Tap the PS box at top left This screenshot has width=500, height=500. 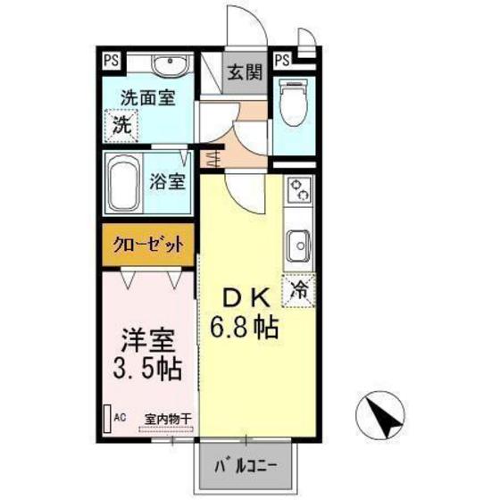(111, 61)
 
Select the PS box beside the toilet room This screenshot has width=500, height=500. (282, 61)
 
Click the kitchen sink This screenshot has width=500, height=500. (297, 243)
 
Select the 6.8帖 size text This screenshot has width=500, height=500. (244, 327)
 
